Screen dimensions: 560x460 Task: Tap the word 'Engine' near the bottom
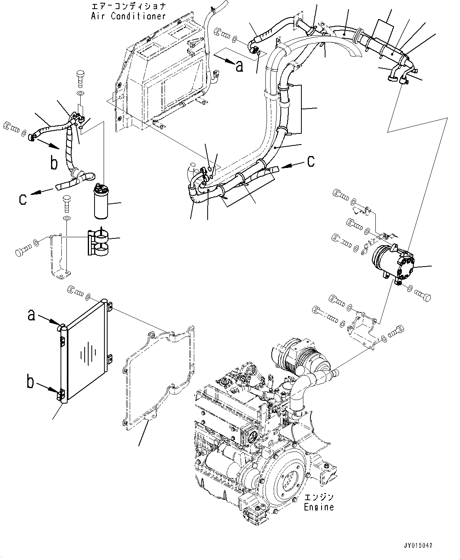[319, 507]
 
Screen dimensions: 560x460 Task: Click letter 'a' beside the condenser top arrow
[32, 315]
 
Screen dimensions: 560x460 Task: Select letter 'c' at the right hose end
[311, 160]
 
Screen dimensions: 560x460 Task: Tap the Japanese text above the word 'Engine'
[319, 497]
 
